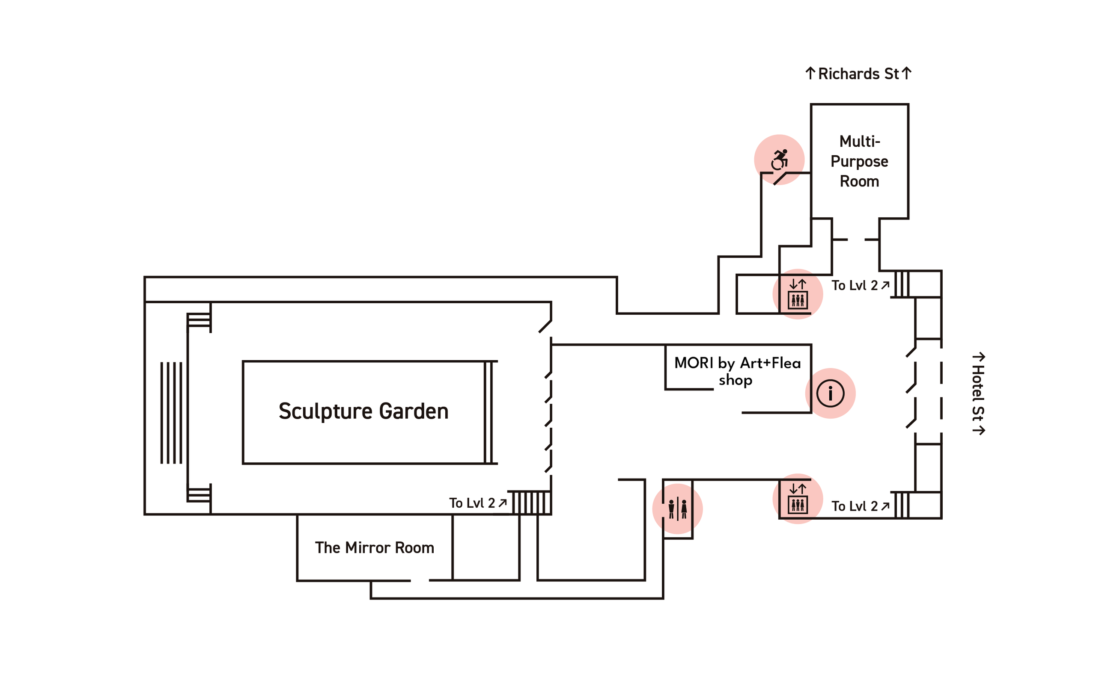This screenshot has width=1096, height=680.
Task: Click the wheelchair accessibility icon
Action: click(780, 159)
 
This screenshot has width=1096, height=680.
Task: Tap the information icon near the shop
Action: click(831, 393)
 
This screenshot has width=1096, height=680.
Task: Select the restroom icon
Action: click(677, 509)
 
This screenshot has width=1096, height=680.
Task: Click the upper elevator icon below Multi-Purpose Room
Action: click(798, 294)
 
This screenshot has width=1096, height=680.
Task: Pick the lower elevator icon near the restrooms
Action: click(798, 499)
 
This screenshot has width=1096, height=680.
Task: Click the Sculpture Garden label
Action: click(363, 411)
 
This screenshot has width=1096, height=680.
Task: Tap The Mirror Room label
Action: click(375, 548)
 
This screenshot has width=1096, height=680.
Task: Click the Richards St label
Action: click(858, 74)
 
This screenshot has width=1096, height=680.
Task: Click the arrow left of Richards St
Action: click(810, 73)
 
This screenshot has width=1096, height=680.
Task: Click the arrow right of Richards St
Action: click(906, 73)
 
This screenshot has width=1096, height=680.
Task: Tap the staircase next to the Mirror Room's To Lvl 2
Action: click(532, 503)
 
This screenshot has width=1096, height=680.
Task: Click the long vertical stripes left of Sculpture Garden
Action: click(172, 413)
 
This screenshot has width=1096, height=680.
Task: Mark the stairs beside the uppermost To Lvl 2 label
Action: click(902, 284)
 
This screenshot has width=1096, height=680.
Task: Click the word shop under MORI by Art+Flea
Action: click(736, 381)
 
